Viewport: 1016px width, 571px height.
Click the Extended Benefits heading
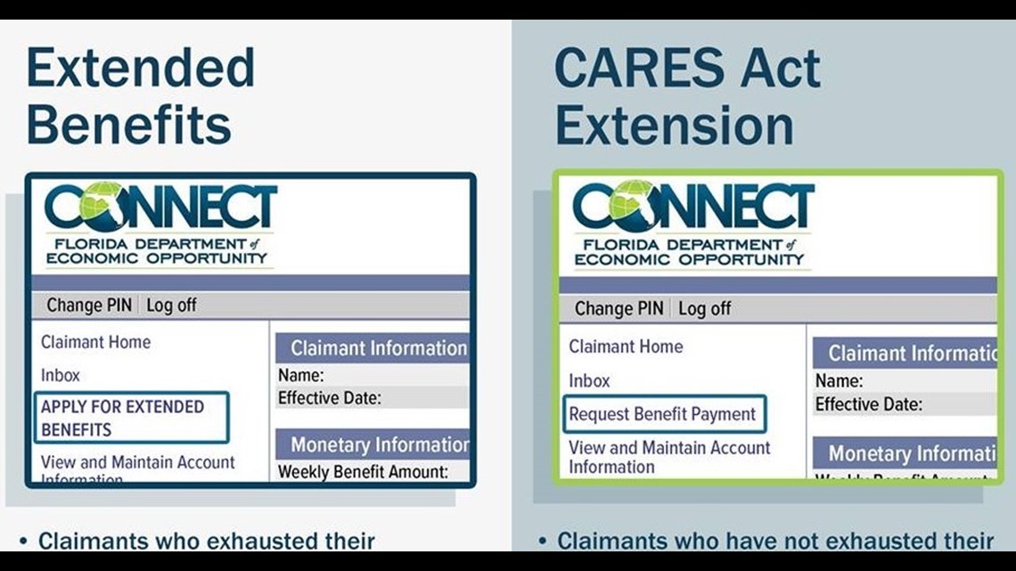[x=141, y=96]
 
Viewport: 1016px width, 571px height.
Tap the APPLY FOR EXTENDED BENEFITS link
[x=123, y=418]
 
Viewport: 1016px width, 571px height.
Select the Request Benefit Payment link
[x=662, y=414]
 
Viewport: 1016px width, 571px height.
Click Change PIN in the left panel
[x=88, y=305]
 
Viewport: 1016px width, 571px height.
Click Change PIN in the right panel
[x=619, y=308]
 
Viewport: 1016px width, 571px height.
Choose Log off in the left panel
[x=171, y=305]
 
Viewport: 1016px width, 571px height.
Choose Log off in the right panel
[x=704, y=308]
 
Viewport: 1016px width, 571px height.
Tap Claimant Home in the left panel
[x=96, y=342]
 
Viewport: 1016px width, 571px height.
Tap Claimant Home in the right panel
[x=626, y=347]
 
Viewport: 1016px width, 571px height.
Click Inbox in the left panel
[x=61, y=375]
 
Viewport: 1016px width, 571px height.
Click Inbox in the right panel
[x=589, y=380]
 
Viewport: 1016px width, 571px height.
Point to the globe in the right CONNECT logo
[x=631, y=206]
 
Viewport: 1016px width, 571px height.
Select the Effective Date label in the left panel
[x=330, y=397]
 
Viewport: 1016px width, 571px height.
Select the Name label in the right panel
[x=839, y=381]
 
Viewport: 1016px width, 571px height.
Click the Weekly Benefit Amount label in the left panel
[x=362, y=471]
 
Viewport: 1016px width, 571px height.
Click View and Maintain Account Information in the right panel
[x=669, y=457]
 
